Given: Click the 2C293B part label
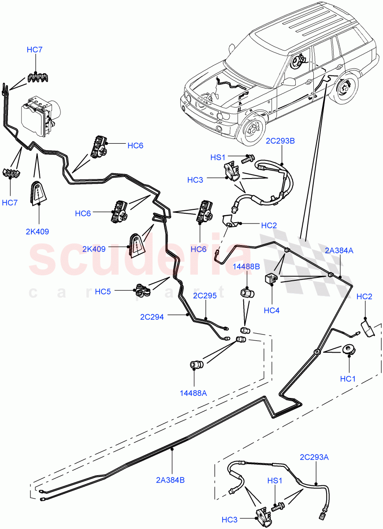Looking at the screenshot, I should (x=280, y=142).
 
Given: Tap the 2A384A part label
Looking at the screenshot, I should (x=339, y=250).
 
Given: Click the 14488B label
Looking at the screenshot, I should (x=246, y=266).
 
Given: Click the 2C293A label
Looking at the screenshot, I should (x=314, y=457).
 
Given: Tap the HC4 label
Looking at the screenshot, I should (x=272, y=310).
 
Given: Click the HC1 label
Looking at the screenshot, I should (x=348, y=378).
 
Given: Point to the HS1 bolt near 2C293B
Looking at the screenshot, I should (x=249, y=157).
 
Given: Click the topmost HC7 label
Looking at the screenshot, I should (x=35, y=50).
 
